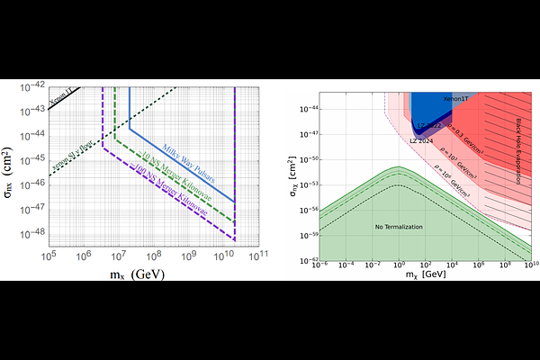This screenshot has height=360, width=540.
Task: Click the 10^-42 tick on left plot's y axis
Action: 32,86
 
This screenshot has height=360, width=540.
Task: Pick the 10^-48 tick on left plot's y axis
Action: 32,231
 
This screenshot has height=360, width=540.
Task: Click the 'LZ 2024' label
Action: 422,140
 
